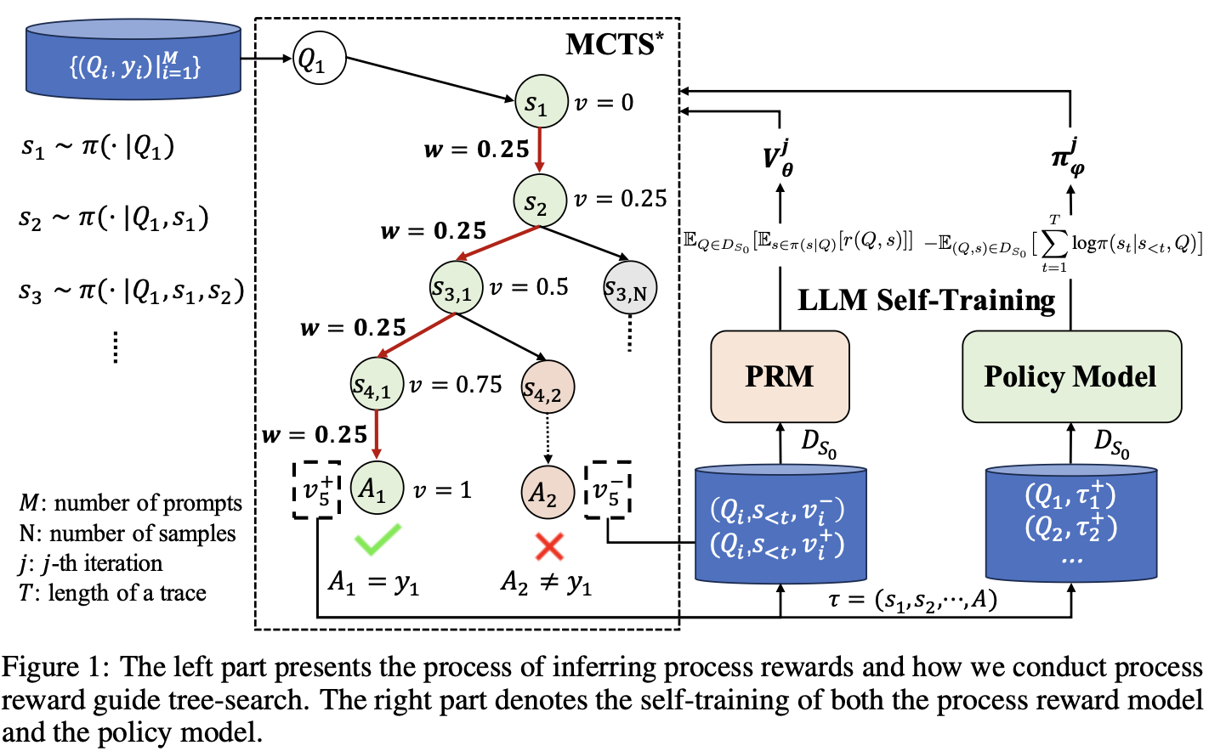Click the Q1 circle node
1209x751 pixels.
(319, 59)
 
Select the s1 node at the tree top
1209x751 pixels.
(541, 102)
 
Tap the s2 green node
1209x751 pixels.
(539, 201)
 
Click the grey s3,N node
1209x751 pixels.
(629, 289)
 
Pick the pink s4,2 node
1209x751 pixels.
(547, 387)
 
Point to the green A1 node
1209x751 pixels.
(376, 488)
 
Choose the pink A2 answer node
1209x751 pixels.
(547, 492)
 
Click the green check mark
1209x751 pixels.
(377, 539)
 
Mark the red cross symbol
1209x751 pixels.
(549, 545)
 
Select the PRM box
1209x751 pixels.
(780, 376)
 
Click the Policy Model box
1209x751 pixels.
(1070, 376)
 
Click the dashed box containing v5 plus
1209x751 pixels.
(316, 489)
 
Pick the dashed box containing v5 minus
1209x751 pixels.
(608, 489)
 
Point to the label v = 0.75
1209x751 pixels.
(456, 385)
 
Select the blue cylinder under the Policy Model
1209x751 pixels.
(1070, 522)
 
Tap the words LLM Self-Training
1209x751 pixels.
(926, 300)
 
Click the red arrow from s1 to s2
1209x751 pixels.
(540, 150)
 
